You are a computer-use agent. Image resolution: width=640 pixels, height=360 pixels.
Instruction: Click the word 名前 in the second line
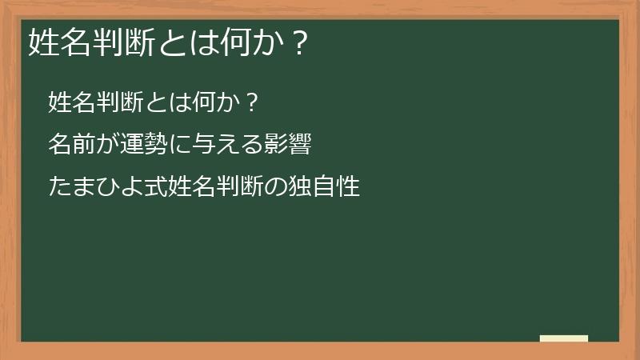[72, 145]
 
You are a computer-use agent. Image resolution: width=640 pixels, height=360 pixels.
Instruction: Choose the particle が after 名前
[108, 145]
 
